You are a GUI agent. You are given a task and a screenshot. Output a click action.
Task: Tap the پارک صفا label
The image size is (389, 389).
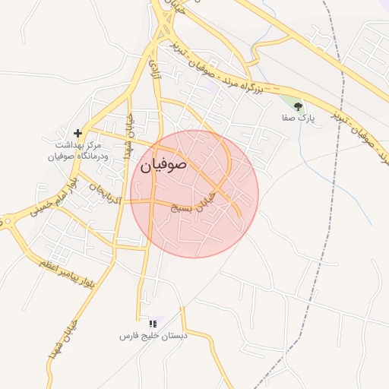point(297,119)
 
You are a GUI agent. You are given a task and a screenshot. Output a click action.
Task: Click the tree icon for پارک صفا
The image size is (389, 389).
point(297,106)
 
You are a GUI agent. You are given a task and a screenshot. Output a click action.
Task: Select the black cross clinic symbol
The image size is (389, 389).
point(77,133)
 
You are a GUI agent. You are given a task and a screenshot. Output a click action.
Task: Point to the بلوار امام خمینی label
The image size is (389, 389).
point(54,200)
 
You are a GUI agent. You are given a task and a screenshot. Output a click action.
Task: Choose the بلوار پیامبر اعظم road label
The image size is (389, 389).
point(68,266)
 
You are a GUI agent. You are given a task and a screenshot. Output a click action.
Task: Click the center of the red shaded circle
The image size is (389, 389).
point(194,194)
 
